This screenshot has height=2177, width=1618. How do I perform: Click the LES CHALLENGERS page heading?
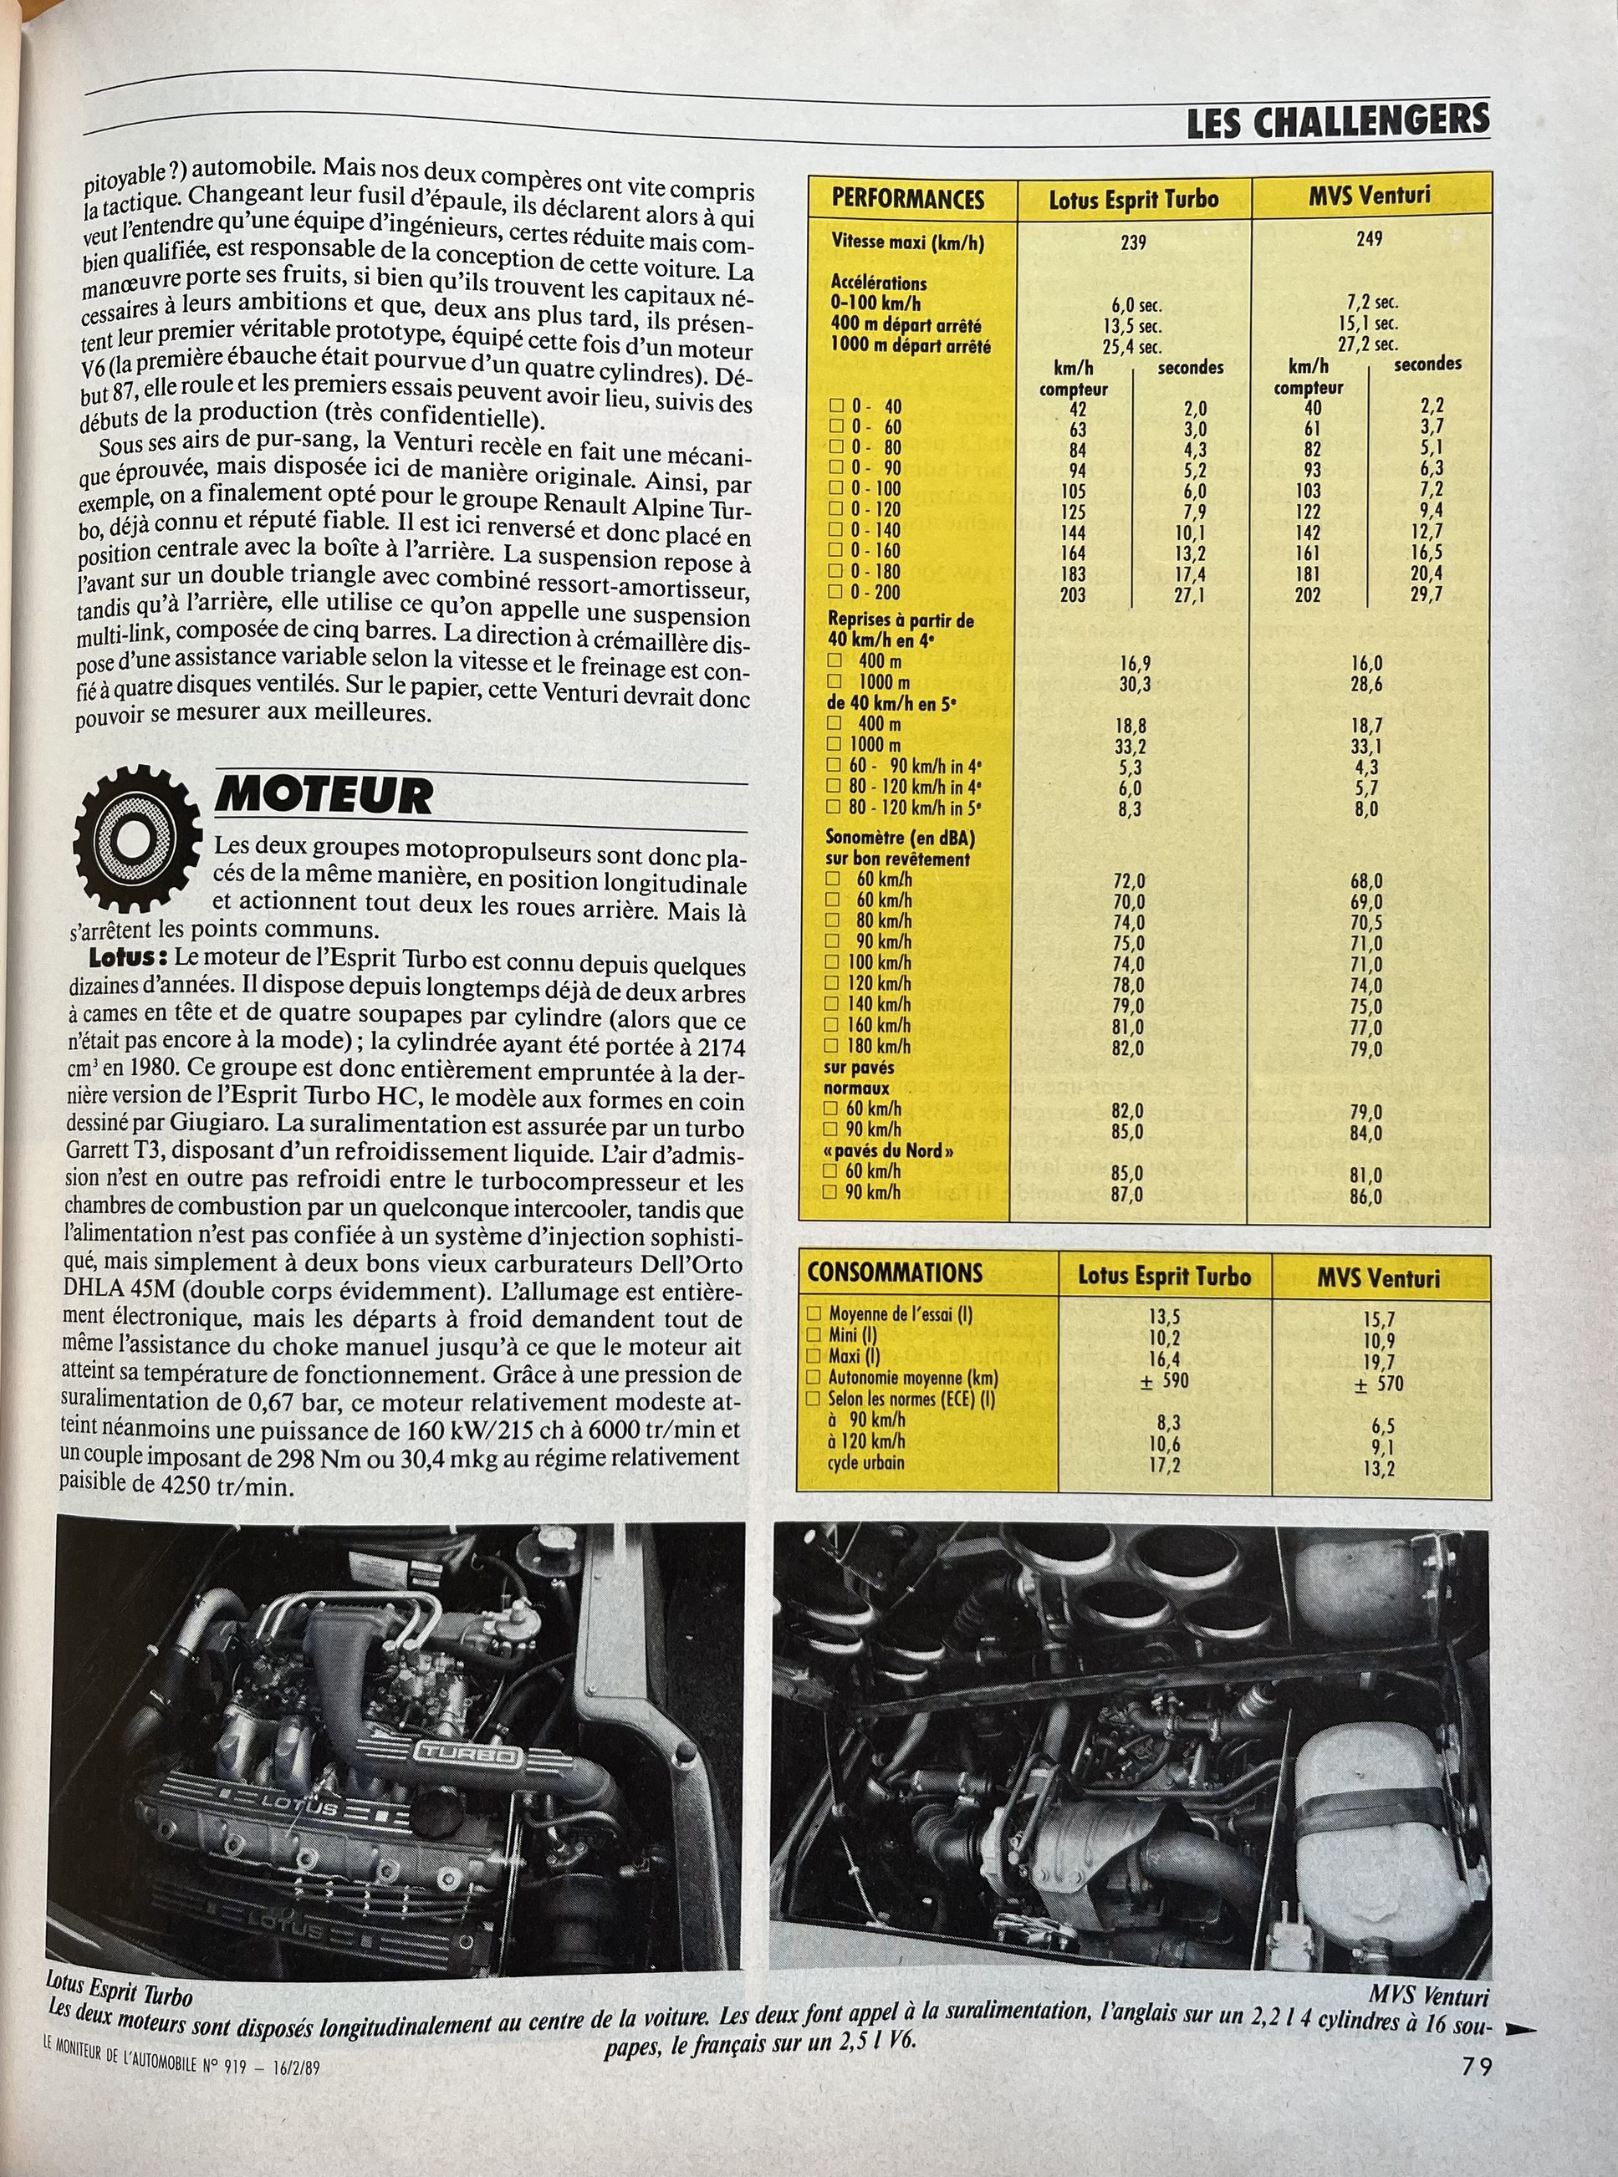tap(1337, 122)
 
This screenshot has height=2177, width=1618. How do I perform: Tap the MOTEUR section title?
tap(324, 794)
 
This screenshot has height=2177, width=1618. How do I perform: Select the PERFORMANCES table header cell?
tap(907, 200)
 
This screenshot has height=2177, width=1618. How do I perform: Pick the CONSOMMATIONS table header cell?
tap(894, 1273)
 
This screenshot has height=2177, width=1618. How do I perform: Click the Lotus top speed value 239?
tap(1132, 242)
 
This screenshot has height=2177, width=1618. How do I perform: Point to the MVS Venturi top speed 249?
tap(1369, 238)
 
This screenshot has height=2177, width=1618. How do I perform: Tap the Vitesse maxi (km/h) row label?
tap(907, 242)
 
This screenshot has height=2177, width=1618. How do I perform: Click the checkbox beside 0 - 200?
tap(835, 593)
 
